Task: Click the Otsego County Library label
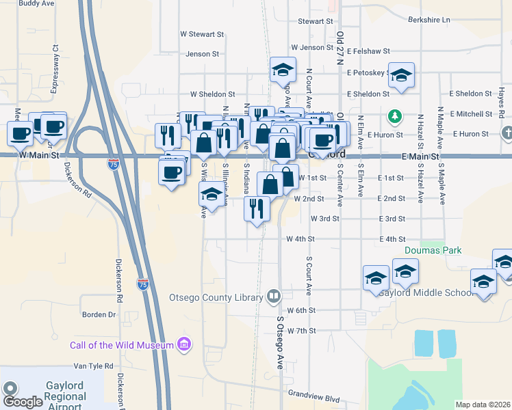click(x=216, y=297)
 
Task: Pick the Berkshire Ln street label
click(x=428, y=20)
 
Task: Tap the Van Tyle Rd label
click(x=92, y=366)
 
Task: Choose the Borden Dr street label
click(x=99, y=315)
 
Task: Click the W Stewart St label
click(x=202, y=33)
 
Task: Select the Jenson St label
click(x=202, y=53)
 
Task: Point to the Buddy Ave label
click(x=36, y=3)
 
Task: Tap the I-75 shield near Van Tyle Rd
click(x=142, y=282)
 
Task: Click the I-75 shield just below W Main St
click(x=114, y=164)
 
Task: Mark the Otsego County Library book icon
click(x=274, y=297)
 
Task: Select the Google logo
click(x=23, y=401)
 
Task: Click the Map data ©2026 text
click(x=483, y=405)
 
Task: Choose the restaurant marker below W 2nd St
click(x=257, y=208)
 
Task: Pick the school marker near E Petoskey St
click(x=402, y=75)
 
